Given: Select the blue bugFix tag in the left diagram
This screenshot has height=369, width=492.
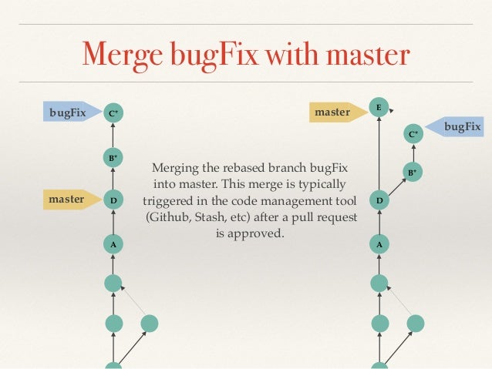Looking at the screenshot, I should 67,112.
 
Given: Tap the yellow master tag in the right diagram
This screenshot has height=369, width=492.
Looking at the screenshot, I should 332,112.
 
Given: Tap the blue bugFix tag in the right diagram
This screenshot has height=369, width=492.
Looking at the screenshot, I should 461,126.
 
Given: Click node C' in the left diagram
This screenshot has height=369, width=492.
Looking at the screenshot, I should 113,113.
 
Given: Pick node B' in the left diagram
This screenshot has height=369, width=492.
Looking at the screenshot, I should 113,158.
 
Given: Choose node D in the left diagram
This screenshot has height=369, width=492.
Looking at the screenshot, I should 113,201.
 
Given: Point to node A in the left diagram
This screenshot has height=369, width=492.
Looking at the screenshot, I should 113,245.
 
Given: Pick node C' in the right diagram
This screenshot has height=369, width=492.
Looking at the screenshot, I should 413,134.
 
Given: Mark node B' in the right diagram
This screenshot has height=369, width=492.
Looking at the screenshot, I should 413,172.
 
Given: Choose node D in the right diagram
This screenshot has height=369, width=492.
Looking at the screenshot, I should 379,201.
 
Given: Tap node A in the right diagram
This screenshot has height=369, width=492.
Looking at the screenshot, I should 379,245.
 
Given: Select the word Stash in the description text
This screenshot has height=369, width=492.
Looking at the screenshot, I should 211,217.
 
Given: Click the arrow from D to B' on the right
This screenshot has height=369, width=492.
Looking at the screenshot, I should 396,186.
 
